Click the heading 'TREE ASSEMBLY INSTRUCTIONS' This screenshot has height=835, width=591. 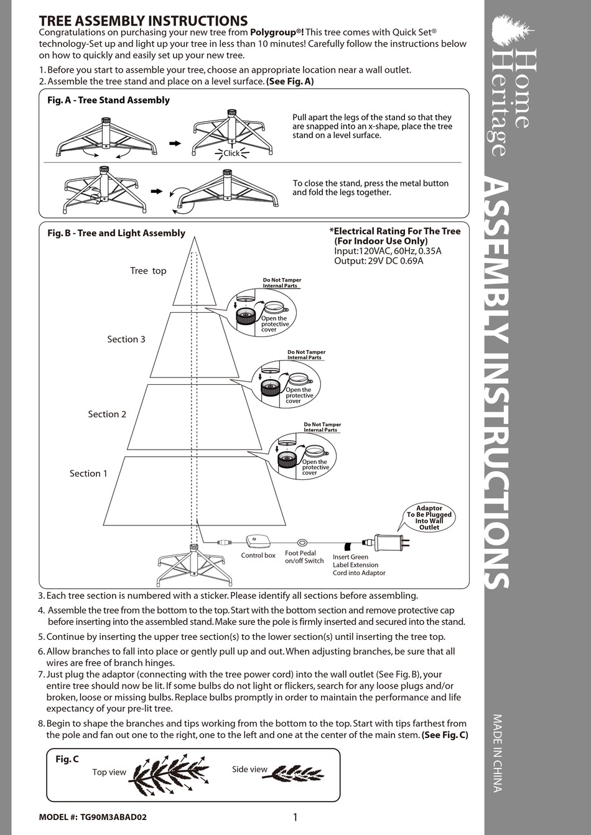tap(143, 21)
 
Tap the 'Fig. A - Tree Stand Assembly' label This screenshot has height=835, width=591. tap(108, 100)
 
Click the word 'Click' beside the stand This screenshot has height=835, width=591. tap(231, 154)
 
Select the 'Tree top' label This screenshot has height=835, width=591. tap(148, 271)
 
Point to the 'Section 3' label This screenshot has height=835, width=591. tap(126, 339)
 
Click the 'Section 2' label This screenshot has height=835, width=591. tap(107, 414)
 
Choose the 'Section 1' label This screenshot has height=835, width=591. tap(88, 474)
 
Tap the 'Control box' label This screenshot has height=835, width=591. tap(258, 556)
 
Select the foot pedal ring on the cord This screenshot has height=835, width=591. tap(303, 542)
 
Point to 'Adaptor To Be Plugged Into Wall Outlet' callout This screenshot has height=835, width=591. tap(429, 517)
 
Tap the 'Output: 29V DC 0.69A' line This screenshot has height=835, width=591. tap(378, 261)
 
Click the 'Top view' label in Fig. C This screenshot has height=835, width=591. tap(109, 772)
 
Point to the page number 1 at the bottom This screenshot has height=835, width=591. tap(295, 817)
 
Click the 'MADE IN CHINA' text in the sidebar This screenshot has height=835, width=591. tap(498, 753)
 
